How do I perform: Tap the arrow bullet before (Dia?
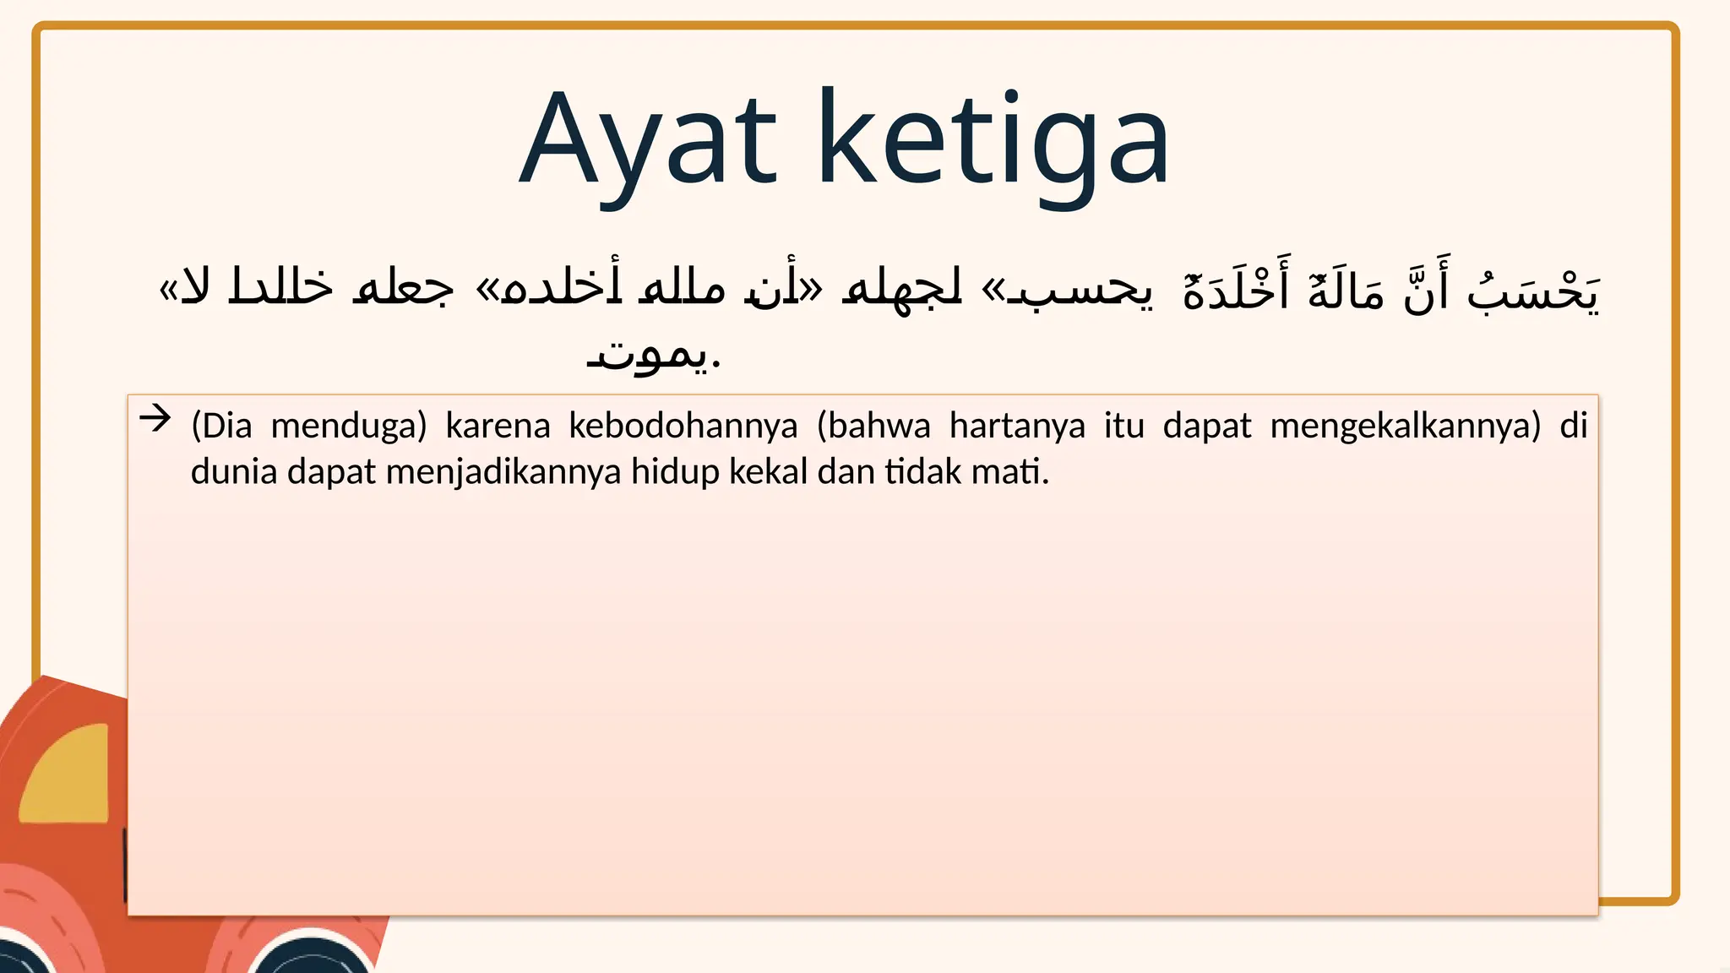pos(155,418)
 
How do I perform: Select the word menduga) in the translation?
pos(349,426)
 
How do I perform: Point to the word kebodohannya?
pos(683,426)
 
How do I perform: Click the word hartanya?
pos(1017,426)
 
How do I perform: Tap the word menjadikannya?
pos(503,472)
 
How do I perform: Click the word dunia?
pos(234,472)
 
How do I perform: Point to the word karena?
pos(498,426)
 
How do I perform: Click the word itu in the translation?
pos(1123,426)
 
